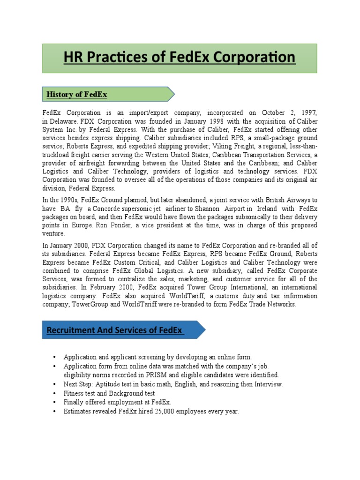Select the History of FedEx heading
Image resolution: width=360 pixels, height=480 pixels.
77,95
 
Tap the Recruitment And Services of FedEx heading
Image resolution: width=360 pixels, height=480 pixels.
115,330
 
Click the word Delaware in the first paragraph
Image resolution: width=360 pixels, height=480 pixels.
66,121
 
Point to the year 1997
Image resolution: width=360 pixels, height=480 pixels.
309,112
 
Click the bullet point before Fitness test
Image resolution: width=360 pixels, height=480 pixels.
55,394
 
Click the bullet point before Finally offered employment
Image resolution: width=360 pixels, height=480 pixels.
55,403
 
